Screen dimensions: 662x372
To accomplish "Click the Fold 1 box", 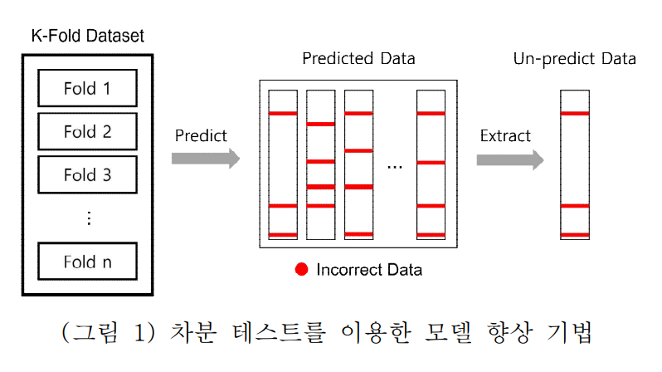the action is pos(87,88).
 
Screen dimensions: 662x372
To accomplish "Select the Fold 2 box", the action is pos(87,131).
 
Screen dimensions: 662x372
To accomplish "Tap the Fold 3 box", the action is pos(87,174).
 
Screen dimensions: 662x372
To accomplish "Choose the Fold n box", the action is pos(87,262).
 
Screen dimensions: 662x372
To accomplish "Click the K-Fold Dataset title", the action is pos(88,36).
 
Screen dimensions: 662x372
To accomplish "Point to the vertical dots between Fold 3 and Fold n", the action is pos(89,218).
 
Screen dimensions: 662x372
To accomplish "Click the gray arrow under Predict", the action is pos(206,159).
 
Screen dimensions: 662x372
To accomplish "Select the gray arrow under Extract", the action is pos(510,159).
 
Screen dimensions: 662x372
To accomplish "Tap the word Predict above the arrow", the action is pos(201,135).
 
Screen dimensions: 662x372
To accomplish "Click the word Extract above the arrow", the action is pos(505,135).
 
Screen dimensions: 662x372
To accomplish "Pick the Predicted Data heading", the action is pos(359,58).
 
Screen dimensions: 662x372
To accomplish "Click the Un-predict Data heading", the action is pos(575,59).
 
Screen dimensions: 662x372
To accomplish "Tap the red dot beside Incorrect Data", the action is pos(301,269).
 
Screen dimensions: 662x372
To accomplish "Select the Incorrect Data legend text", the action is pos(369,270).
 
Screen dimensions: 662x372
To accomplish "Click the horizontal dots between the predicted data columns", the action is pos(395,168).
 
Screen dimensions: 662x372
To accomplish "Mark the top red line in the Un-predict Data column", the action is pos(575,113).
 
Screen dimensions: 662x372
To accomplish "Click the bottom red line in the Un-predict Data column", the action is pos(575,235).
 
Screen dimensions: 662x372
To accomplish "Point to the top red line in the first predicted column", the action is pos(283,113).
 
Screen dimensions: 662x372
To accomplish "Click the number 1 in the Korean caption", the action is pos(139,332).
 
